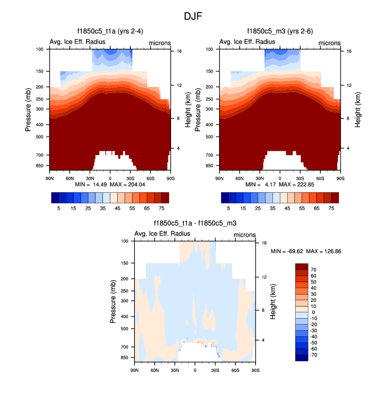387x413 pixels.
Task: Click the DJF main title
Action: pos(193,16)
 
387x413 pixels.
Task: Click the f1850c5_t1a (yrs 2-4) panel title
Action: pos(110,32)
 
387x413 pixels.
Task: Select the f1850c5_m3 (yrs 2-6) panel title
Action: pos(280,32)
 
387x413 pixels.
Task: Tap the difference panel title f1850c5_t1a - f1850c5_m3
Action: pos(195,223)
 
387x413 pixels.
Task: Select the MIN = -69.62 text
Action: pos(288,251)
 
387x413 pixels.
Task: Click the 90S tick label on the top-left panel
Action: pos(170,178)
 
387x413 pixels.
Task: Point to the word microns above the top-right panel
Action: pos(329,42)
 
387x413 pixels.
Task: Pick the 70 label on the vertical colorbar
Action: pos(313,269)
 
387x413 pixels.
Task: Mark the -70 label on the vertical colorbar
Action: pos(314,355)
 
